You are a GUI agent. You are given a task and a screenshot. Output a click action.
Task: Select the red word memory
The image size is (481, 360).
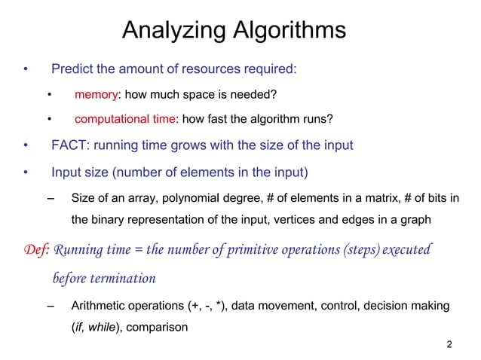(97, 94)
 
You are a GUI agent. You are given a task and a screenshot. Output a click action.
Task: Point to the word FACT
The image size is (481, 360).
(69, 145)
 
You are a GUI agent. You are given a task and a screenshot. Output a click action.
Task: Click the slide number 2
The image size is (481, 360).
(449, 345)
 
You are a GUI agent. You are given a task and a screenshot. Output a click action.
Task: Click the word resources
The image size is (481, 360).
(213, 69)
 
